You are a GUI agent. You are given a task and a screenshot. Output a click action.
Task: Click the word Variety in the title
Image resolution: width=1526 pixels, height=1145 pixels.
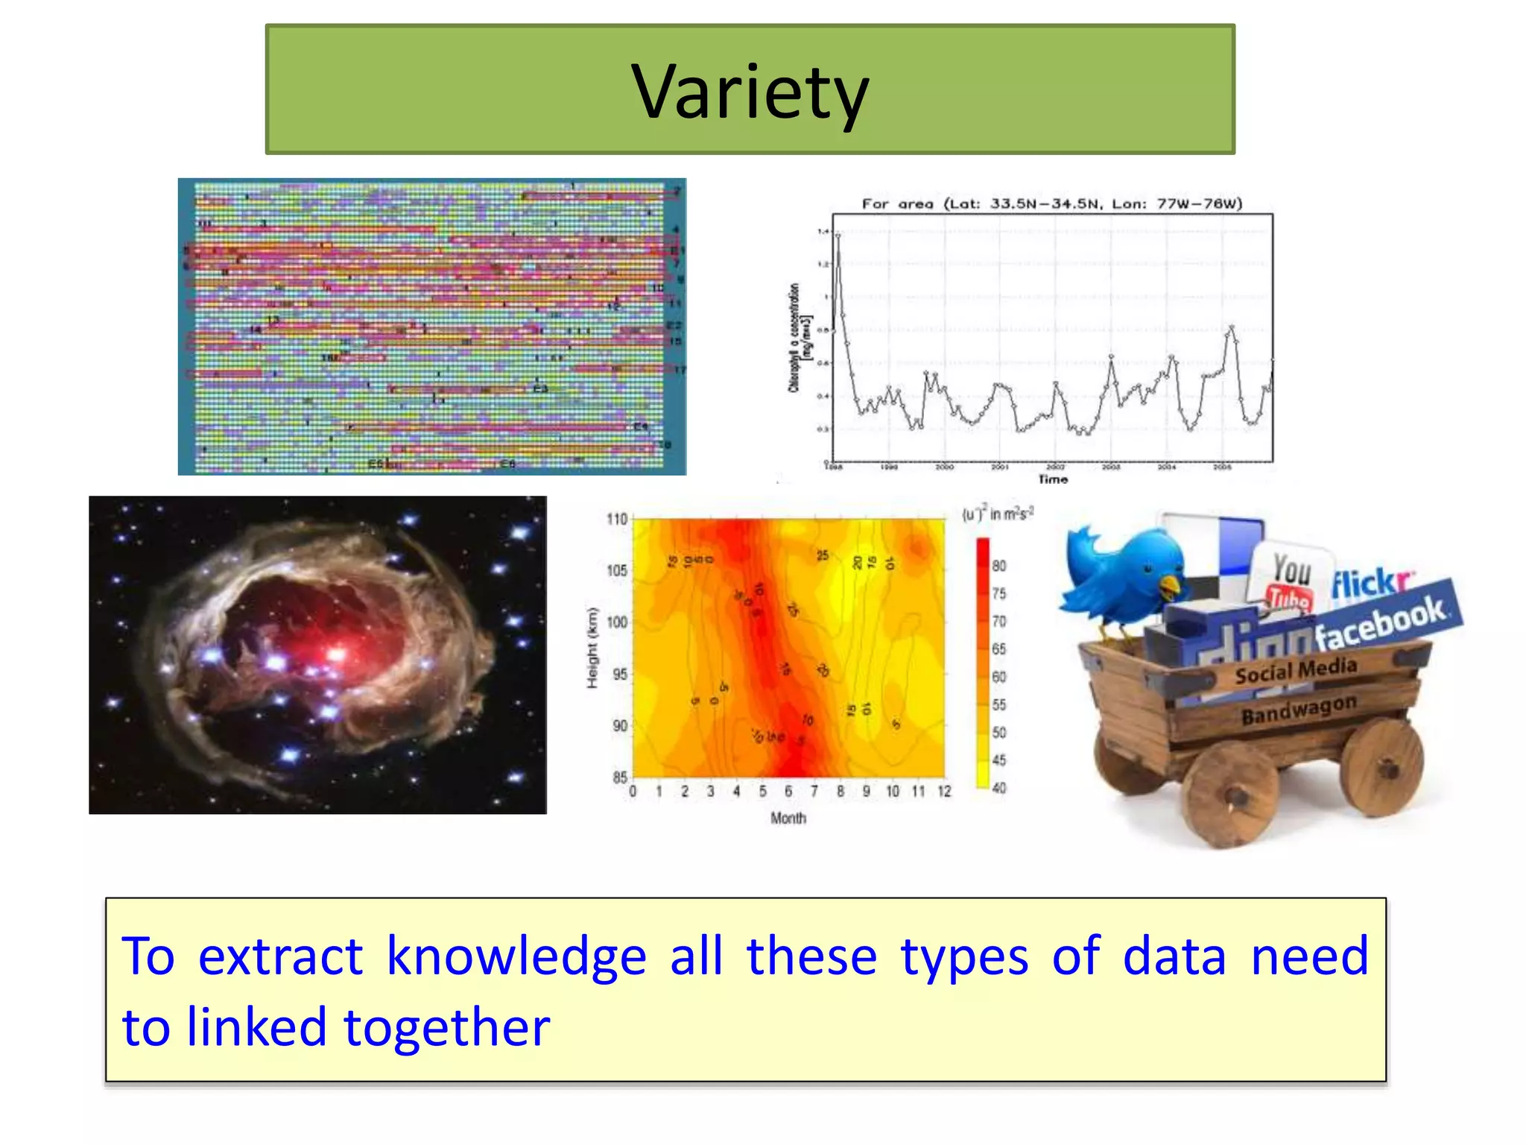[750, 92]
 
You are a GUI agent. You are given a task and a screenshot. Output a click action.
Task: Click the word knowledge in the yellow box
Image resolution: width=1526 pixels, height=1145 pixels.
[516, 956]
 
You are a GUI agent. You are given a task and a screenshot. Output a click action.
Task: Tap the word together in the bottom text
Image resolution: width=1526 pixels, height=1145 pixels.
[446, 1028]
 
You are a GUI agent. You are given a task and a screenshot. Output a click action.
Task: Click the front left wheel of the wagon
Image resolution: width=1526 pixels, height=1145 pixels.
[1229, 796]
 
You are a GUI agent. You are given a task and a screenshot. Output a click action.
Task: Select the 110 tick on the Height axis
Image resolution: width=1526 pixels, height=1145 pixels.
[617, 519]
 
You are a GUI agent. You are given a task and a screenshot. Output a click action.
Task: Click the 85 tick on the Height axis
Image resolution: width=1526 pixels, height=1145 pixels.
[619, 777]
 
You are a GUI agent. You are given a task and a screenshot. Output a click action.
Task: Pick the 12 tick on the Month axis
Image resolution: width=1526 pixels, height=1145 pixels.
[944, 792]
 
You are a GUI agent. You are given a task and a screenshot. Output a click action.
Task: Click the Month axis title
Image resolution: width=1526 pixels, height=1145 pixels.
[788, 818]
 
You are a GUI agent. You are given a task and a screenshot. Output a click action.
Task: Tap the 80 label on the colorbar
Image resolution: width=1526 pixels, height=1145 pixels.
[998, 566]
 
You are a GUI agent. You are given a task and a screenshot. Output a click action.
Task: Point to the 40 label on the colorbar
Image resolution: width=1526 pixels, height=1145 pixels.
[998, 788]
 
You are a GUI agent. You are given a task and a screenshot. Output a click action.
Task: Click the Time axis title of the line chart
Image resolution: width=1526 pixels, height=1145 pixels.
[1053, 479]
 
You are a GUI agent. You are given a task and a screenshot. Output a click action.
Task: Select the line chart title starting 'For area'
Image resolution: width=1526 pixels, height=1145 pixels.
[1051, 204]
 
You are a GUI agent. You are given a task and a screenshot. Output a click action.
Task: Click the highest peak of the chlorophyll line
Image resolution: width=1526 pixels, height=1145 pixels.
[838, 236]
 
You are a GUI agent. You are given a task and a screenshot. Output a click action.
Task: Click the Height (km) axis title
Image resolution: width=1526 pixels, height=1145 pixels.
[593, 648]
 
